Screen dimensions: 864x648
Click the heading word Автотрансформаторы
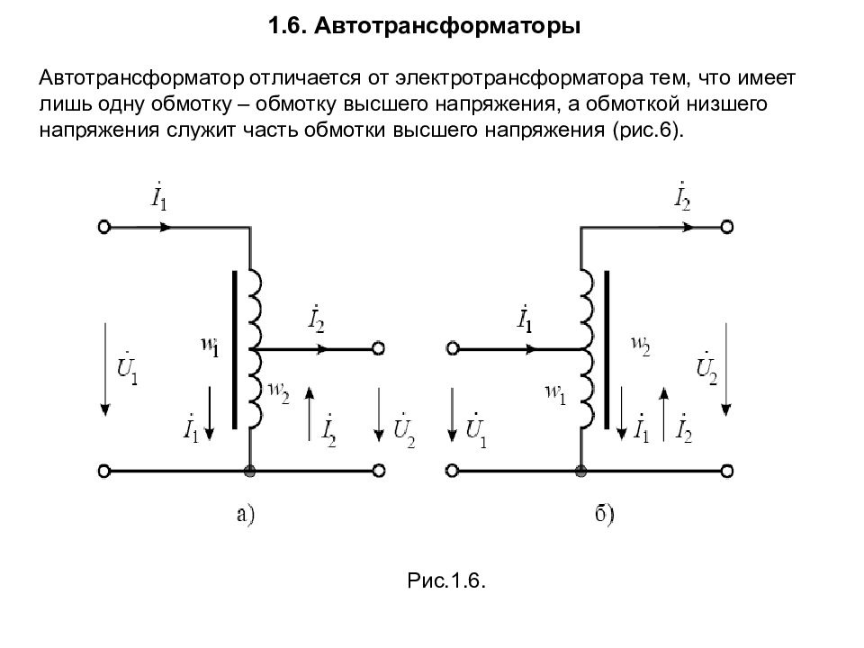[447, 26]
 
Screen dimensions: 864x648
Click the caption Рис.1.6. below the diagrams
[446, 580]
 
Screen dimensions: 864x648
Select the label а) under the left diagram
[246, 514]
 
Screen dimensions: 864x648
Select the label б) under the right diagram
[605, 514]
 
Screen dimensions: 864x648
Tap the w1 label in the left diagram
[210, 346]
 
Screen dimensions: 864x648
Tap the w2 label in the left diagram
[278, 392]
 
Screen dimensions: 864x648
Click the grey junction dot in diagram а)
[249, 471]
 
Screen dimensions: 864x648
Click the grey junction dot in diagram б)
[580, 471]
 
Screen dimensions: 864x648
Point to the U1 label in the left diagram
[127, 366]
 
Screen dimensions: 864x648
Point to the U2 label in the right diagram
[707, 367]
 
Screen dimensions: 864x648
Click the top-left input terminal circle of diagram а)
[104, 227]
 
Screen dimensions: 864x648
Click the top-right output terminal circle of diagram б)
[727, 227]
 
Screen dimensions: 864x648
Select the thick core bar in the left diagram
[235, 349]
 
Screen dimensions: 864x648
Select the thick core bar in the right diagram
[607, 349]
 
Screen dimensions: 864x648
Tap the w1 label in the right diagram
[555, 394]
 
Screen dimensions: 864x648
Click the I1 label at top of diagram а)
[158, 196]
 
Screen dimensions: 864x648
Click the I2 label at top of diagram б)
[682, 196]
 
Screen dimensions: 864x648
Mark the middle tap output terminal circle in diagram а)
[378, 348]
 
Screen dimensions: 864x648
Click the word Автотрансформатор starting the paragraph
[141, 78]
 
